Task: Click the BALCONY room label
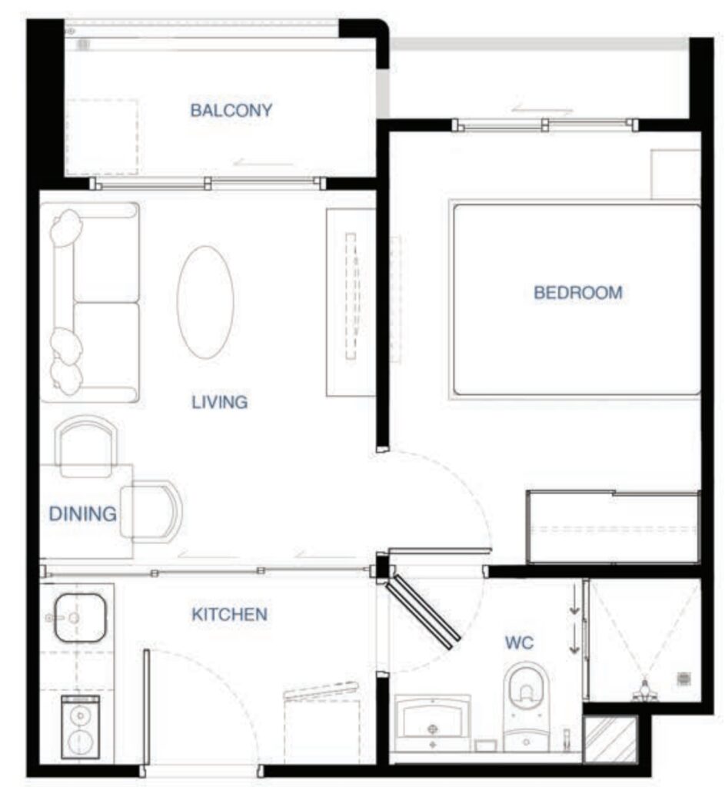231,110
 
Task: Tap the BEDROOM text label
578,293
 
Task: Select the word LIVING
219,402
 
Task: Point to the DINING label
83,514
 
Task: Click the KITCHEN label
229,614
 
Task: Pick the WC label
519,643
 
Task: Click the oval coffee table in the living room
205,302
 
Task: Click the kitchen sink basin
80,618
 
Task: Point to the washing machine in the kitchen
80,727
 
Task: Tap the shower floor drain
683,679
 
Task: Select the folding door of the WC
422,612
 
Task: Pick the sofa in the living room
91,302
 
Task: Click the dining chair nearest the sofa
85,447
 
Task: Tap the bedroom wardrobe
613,527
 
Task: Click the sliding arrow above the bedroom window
542,110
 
